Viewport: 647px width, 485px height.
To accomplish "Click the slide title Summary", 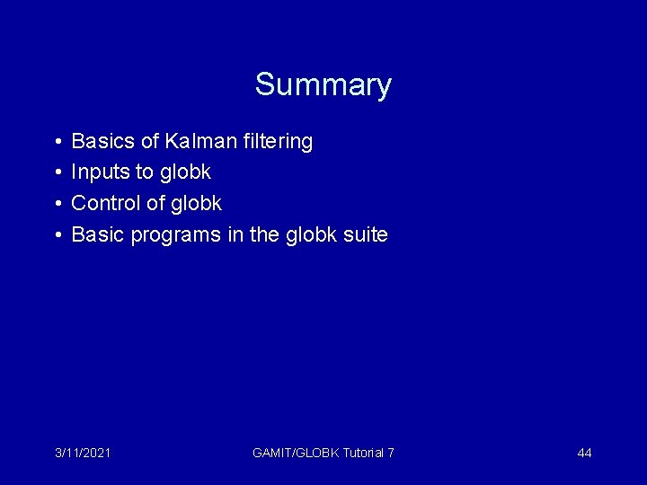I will pyautogui.click(x=323, y=84).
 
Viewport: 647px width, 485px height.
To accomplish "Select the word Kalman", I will pyautogui.click(x=202, y=141).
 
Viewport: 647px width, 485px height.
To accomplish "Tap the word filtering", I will pyautogui.click(x=279, y=141).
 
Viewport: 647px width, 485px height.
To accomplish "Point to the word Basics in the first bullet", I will pyautogui.click(x=102, y=141).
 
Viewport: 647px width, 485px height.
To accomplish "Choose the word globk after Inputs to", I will pyautogui.click(x=186, y=172).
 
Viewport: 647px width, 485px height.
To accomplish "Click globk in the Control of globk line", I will pyautogui.click(x=197, y=204).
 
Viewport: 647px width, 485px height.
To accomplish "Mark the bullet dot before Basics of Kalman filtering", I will pyautogui.click(x=56, y=142).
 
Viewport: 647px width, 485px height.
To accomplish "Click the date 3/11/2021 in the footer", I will pyautogui.click(x=83, y=453).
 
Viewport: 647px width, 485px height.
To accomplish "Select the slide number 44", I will pyautogui.click(x=584, y=453).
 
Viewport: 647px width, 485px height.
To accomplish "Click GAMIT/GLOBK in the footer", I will pyautogui.click(x=296, y=453).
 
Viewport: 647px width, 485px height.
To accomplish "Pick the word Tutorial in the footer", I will pyautogui.click(x=363, y=453).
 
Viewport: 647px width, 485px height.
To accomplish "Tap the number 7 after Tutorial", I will pyautogui.click(x=390, y=453).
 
